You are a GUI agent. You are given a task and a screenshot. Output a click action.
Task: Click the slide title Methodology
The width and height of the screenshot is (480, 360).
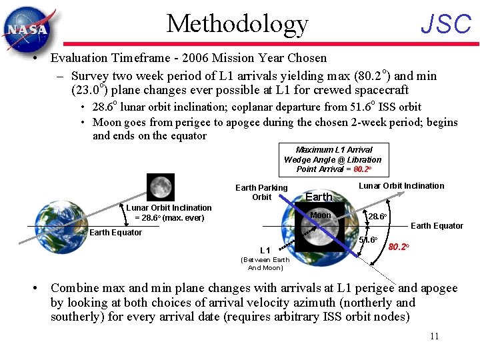click(x=237, y=23)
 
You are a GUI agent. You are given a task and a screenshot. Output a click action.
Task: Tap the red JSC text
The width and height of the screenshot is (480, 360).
click(x=446, y=25)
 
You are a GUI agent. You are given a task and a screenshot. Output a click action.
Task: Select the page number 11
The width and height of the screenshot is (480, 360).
click(x=434, y=336)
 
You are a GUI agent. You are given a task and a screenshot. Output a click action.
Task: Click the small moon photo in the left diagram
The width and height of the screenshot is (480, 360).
click(x=161, y=187)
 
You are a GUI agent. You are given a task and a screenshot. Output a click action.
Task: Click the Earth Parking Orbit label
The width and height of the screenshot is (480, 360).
click(x=261, y=192)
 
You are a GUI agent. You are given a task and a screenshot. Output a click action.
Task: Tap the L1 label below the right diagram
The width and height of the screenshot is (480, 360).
click(x=265, y=250)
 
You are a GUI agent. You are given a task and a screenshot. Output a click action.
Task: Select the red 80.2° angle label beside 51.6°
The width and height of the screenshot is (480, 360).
click(x=399, y=247)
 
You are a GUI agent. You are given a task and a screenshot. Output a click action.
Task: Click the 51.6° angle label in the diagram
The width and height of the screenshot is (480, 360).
click(x=368, y=240)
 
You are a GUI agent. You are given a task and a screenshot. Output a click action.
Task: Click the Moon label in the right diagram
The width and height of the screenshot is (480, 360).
click(x=320, y=215)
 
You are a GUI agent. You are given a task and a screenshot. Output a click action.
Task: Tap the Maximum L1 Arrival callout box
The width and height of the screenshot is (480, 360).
click(x=333, y=159)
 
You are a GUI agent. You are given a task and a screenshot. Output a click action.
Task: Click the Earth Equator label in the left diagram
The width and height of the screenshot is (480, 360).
click(x=115, y=233)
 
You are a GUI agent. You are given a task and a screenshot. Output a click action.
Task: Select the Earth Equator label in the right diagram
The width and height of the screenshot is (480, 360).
click(x=437, y=226)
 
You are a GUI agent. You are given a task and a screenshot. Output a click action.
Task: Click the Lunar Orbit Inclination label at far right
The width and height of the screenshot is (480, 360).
click(x=401, y=186)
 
